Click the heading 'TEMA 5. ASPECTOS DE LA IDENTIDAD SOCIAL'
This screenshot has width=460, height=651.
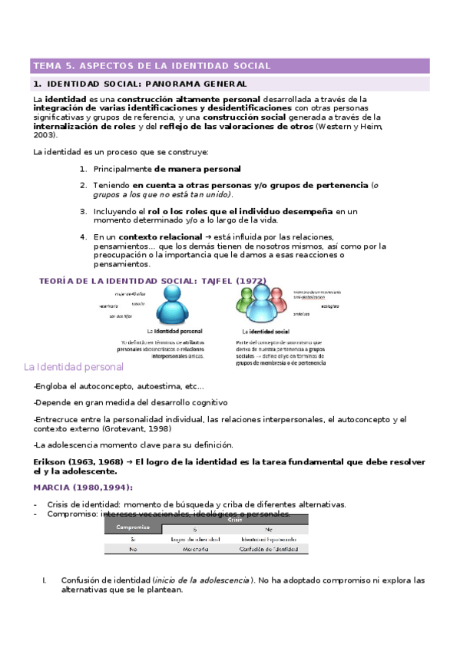151,66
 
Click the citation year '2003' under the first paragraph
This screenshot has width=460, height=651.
45,134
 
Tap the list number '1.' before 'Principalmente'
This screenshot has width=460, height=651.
83,168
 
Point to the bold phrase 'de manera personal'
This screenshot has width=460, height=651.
197,168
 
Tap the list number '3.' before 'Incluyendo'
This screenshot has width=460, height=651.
83,210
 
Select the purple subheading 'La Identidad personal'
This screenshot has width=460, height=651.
74,368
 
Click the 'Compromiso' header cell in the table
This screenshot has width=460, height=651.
132,527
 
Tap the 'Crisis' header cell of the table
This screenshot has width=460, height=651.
234,520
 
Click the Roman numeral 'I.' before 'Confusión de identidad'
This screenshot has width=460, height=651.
45,580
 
